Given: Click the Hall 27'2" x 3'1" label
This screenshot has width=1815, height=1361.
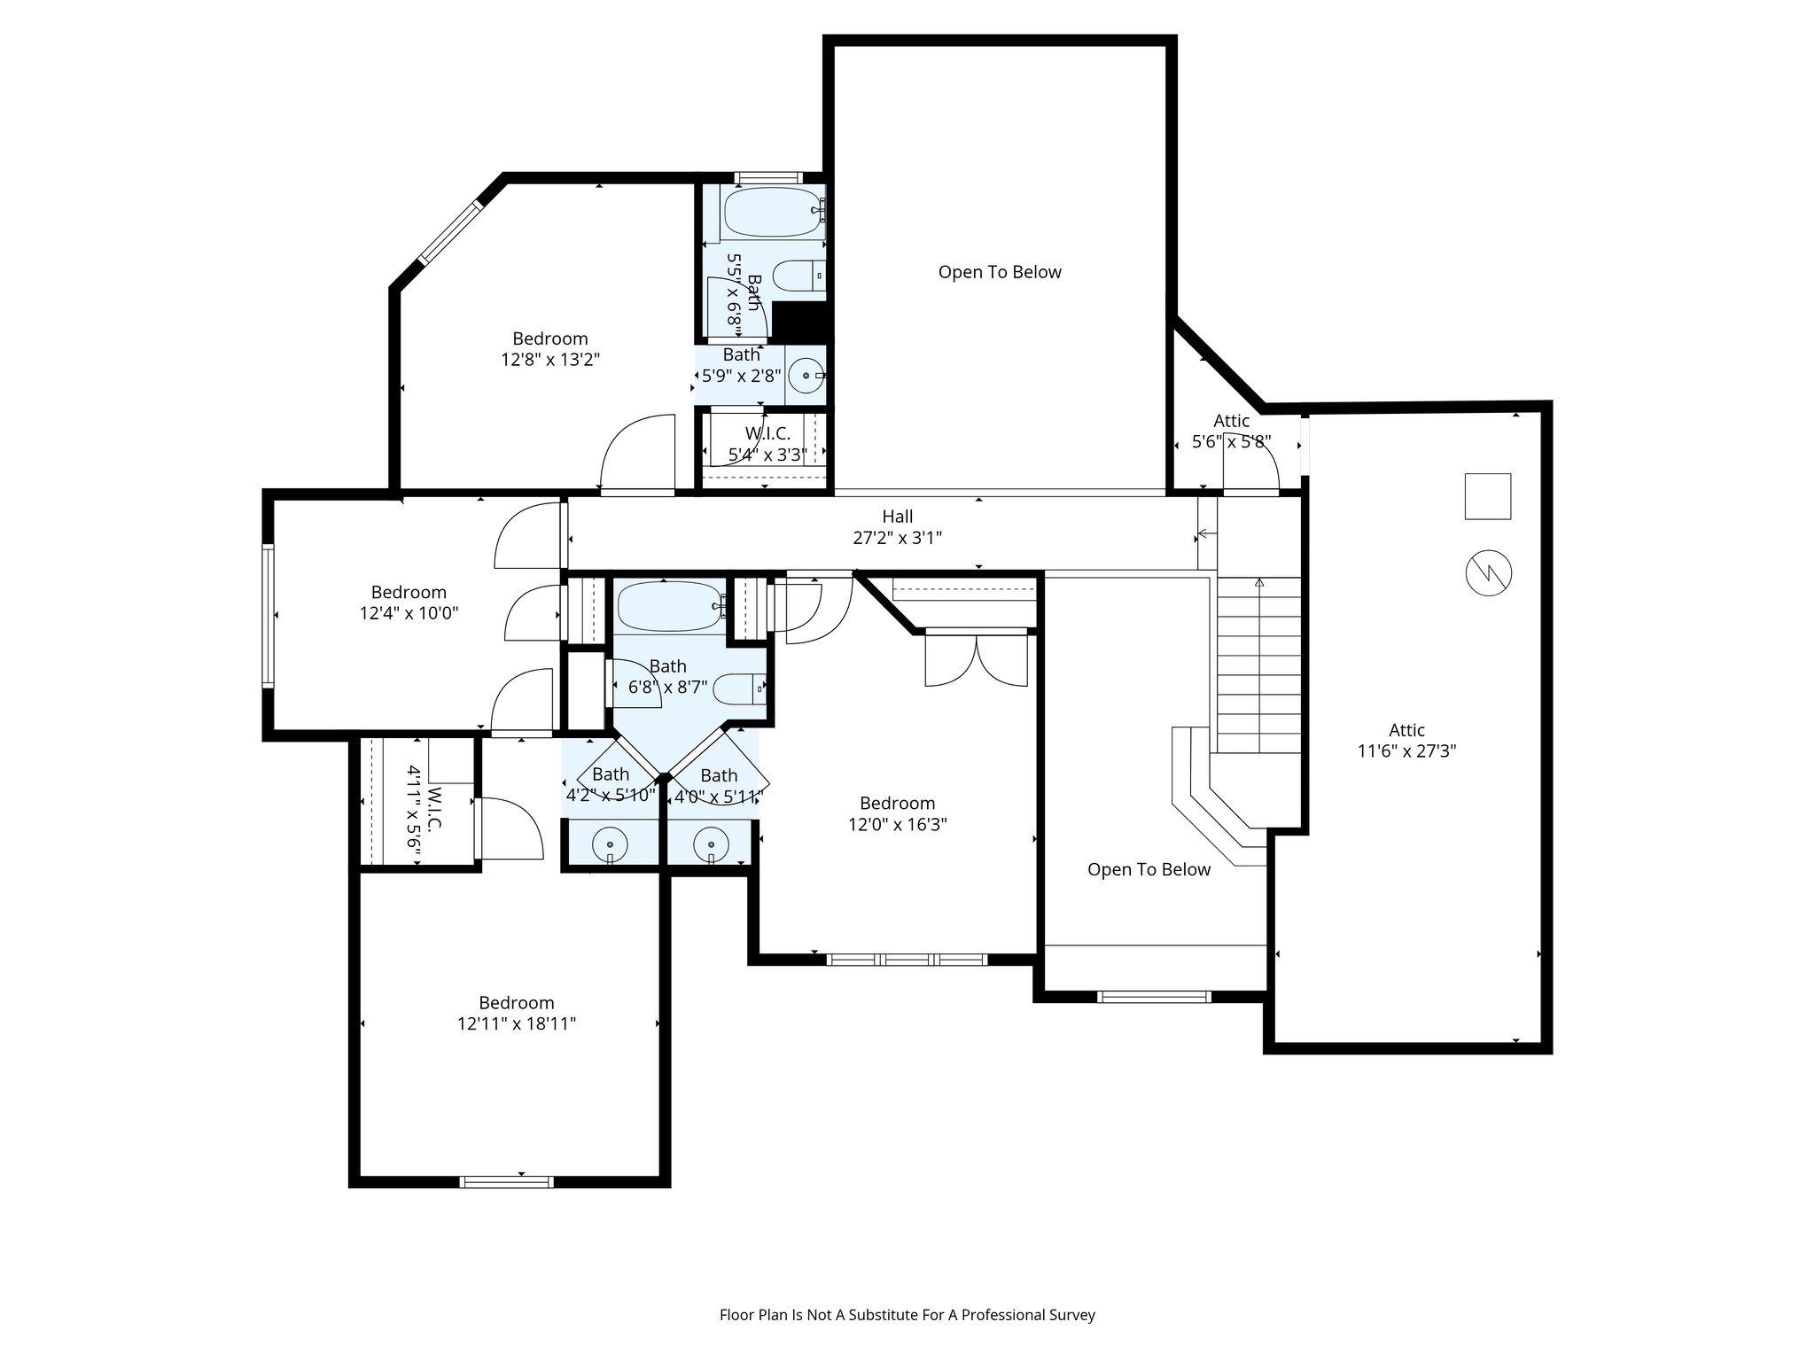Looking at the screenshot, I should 897,526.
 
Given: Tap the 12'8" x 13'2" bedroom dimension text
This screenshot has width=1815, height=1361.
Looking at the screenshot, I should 549,360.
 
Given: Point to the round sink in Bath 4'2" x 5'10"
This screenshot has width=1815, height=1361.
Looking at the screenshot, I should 610,844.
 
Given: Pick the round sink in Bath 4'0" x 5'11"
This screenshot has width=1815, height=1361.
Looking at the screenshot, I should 711,844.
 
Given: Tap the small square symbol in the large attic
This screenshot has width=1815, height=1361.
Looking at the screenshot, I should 1487,496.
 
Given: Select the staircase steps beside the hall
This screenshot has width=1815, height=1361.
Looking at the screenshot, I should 1258,665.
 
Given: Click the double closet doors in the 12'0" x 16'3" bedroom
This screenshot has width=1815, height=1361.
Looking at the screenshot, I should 977,659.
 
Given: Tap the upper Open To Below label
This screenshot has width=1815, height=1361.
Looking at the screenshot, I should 1000,272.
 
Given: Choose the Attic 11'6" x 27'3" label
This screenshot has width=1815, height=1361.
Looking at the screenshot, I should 1406,741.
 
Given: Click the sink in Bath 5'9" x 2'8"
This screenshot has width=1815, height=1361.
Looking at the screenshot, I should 806,376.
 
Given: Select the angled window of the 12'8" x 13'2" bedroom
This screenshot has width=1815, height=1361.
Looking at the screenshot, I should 450,232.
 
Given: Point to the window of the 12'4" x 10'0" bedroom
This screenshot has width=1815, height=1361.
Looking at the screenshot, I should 268,616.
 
